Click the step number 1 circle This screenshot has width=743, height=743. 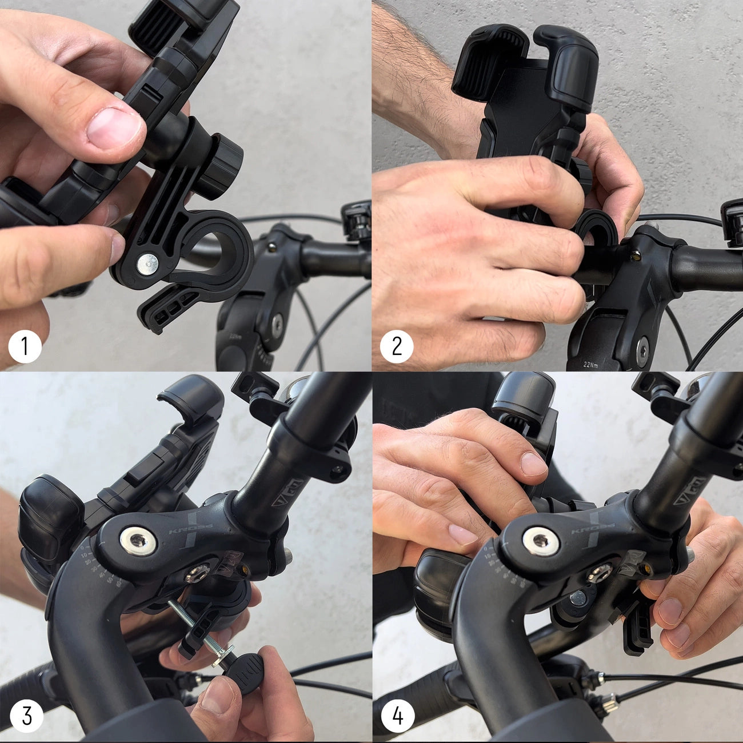[x=25, y=346]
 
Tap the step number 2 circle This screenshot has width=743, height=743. [x=397, y=346]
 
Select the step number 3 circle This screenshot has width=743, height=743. [x=26, y=716]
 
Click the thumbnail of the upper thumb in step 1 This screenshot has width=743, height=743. [x=115, y=128]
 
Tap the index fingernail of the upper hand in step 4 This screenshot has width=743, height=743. [x=533, y=464]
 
